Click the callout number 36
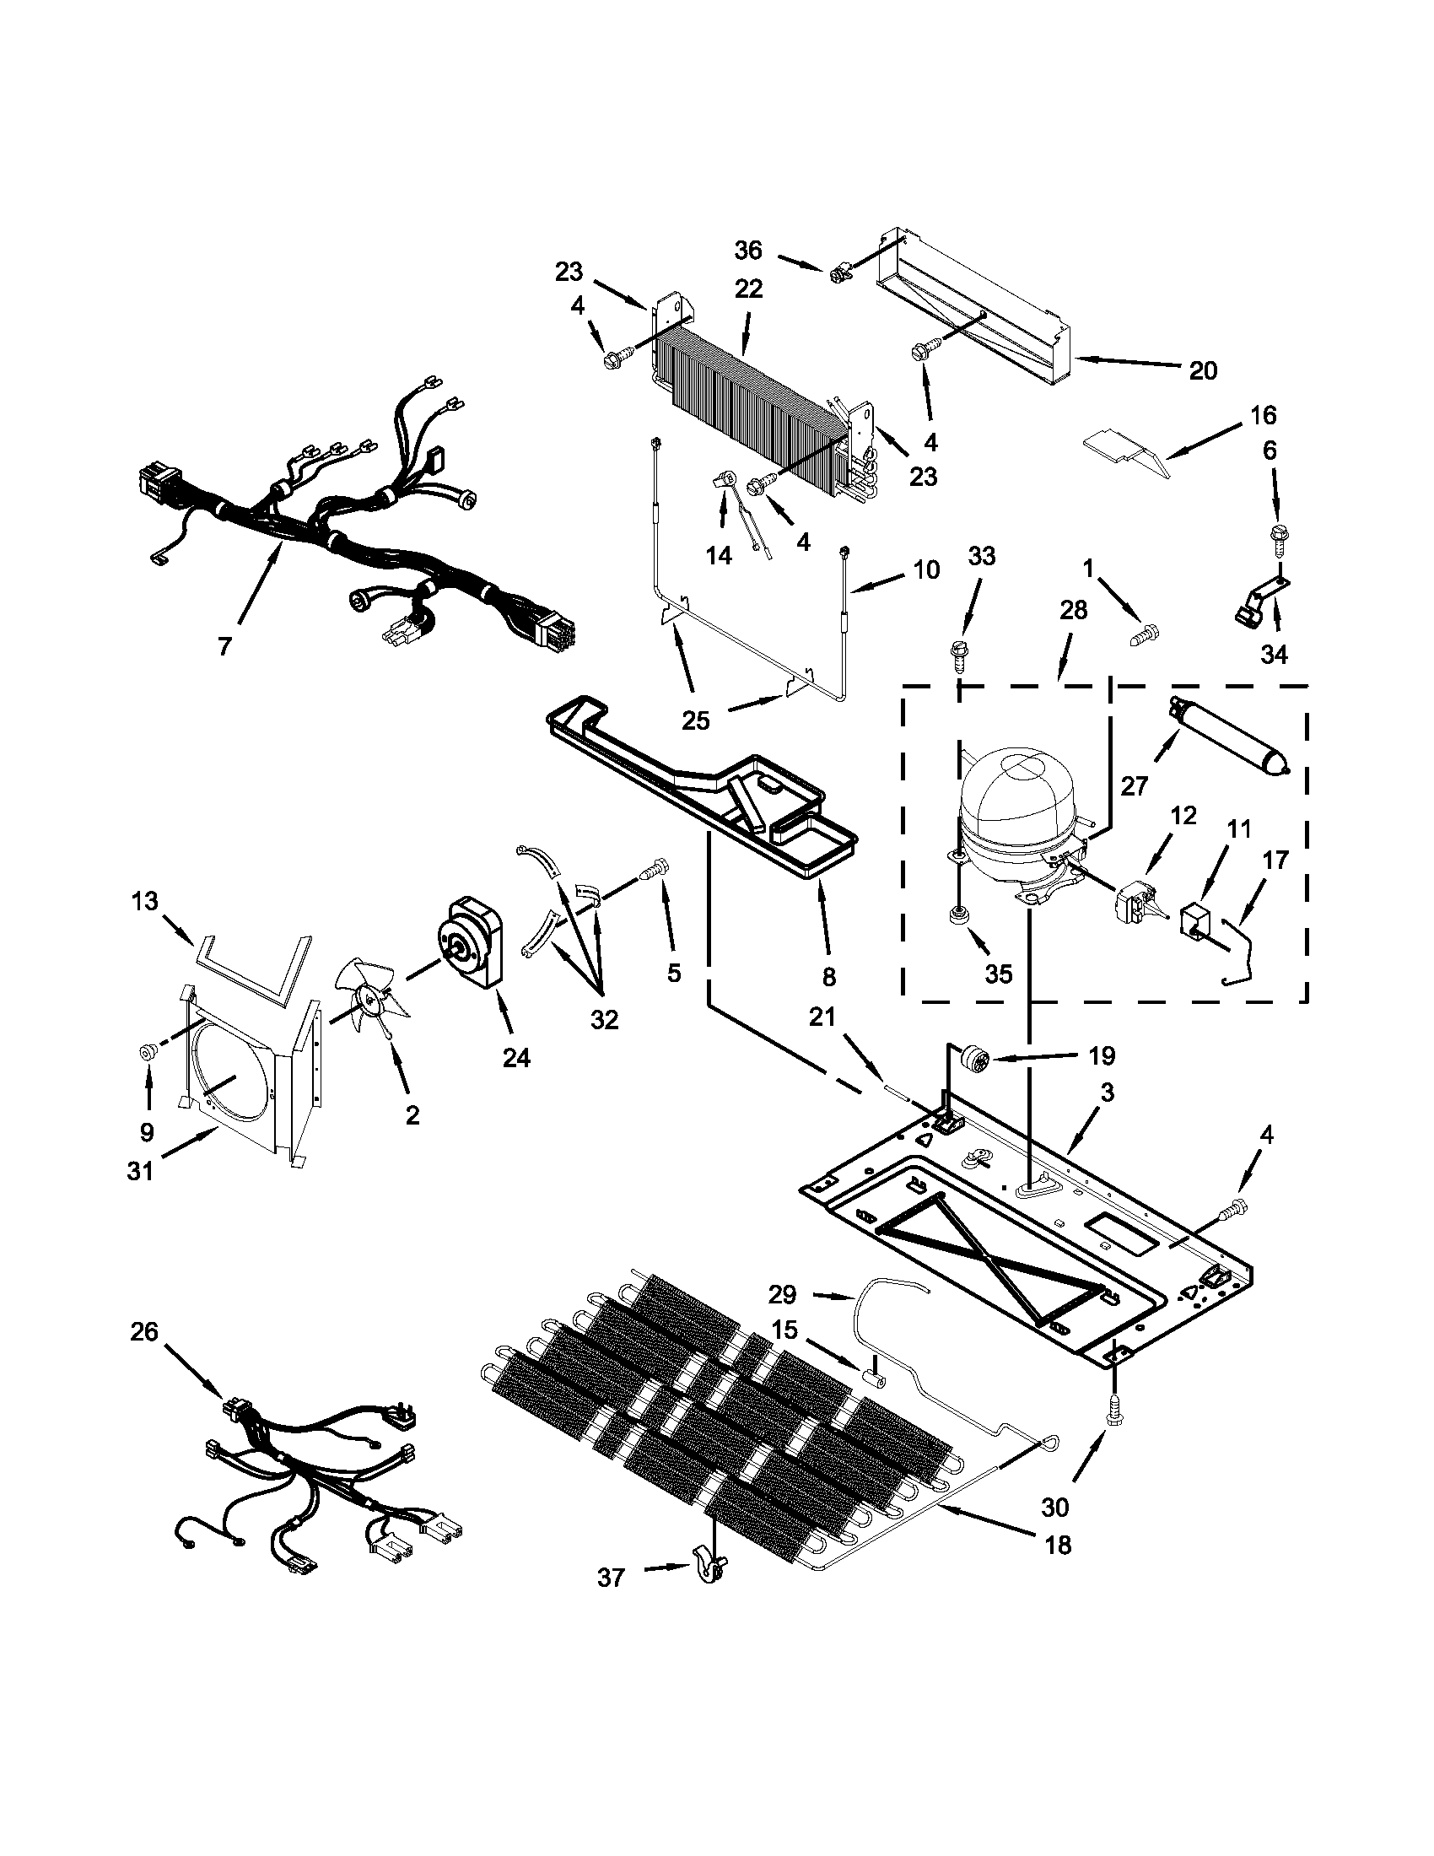coord(749,250)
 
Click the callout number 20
coord(1203,370)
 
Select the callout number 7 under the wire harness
coord(224,647)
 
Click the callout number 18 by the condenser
coord(1059,1544)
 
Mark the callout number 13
coord(145,901)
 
